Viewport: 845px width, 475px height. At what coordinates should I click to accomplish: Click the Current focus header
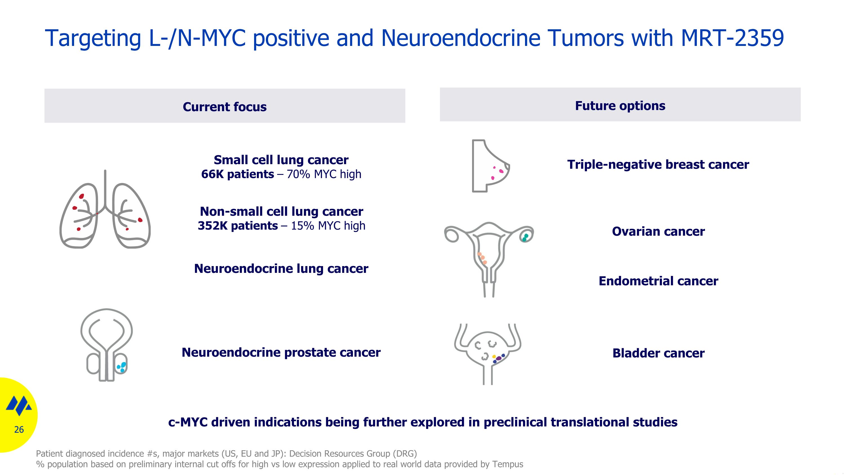[x=225, y=107]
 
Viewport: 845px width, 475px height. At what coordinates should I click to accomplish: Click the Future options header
[x=620, y=106]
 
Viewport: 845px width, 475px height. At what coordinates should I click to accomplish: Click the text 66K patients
[x=237, y=174]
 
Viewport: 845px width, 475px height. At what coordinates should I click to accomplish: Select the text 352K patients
[x=237, y=226]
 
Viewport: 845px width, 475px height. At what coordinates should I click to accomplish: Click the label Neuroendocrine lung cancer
[x=281, y=269]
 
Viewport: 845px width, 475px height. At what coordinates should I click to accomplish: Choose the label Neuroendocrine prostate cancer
[x=281, y=353]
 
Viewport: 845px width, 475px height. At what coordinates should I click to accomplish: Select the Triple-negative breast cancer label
[x=658, y=164]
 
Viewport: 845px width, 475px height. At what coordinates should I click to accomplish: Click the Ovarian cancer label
[x=658, y=231]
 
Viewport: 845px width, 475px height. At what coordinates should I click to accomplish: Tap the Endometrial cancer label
[x=658, y=281]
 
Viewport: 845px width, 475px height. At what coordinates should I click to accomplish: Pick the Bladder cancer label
[x=658, y=353]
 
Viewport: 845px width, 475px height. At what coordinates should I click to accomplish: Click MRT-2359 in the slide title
[x=732, y=38]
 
